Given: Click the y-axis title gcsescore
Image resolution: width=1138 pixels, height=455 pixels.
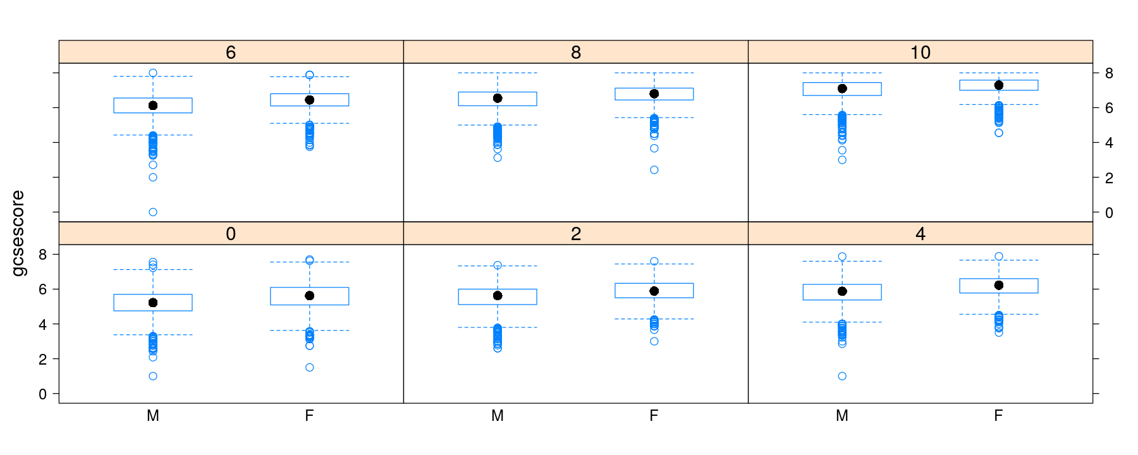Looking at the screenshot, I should click(18, 233).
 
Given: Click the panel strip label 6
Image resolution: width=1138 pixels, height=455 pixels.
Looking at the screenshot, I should click(231, 52).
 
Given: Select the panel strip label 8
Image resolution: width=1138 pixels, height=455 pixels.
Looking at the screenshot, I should click(575, 52).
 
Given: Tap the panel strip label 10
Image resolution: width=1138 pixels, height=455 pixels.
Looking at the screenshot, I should click(920, 52).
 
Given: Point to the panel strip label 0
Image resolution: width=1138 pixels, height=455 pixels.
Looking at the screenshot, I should click(231, 234).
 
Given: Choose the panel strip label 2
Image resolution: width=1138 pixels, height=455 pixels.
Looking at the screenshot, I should click(575, 234).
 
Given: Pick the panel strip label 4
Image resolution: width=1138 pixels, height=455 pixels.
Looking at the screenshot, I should click(920, 234).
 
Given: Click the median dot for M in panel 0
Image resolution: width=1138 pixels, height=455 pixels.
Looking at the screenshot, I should click(153, 303).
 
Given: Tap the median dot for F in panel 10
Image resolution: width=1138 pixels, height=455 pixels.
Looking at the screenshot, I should click(999, 85).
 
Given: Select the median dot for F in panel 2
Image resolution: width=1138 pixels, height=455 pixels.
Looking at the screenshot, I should click(654, 291).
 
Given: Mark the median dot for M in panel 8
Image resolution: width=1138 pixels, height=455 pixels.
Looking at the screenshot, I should click(498, 98).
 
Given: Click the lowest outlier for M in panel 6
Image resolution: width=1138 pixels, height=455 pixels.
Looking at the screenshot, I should click(153, 212).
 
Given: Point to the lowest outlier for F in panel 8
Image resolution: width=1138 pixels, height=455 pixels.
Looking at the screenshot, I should click(654, 170).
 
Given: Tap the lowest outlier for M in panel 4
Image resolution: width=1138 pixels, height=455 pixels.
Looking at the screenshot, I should click(842, 376).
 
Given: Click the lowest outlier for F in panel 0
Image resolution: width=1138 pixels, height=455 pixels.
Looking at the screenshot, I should click(310, 367).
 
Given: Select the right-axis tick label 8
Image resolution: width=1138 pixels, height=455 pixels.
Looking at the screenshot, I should click(1109, 73).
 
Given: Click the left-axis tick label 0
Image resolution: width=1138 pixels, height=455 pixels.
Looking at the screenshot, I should click(42, 394).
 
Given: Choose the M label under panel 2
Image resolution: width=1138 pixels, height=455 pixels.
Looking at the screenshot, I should click(498, 416).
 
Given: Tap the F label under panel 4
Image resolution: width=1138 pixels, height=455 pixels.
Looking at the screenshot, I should click(999, 416).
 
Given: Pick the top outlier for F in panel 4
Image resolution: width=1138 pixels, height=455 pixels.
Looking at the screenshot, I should click(999, 257).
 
